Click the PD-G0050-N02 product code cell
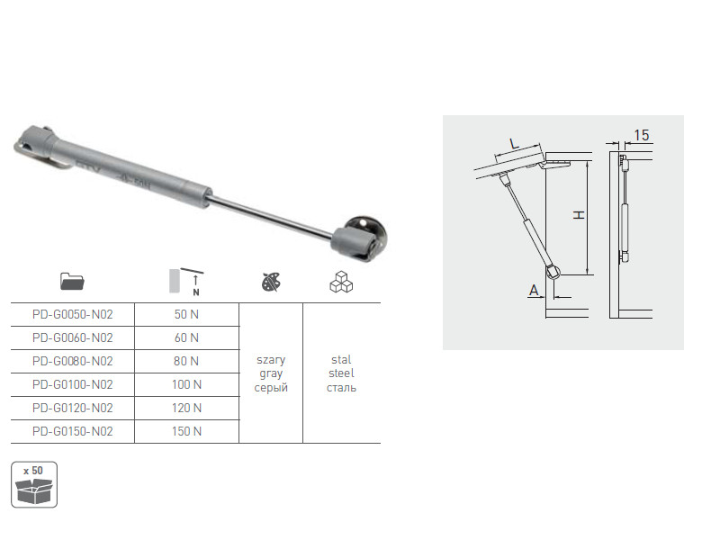pos(73,314)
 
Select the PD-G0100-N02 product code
pos(73,385)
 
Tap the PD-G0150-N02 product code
pos(73,432)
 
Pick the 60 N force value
pos(186,338)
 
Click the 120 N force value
pos(186,409)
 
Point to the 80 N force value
pos(186,362)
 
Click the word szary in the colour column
pos(271,360)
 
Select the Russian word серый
pos(271,388)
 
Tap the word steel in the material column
pos(341,373)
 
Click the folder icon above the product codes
pos(72,281)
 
